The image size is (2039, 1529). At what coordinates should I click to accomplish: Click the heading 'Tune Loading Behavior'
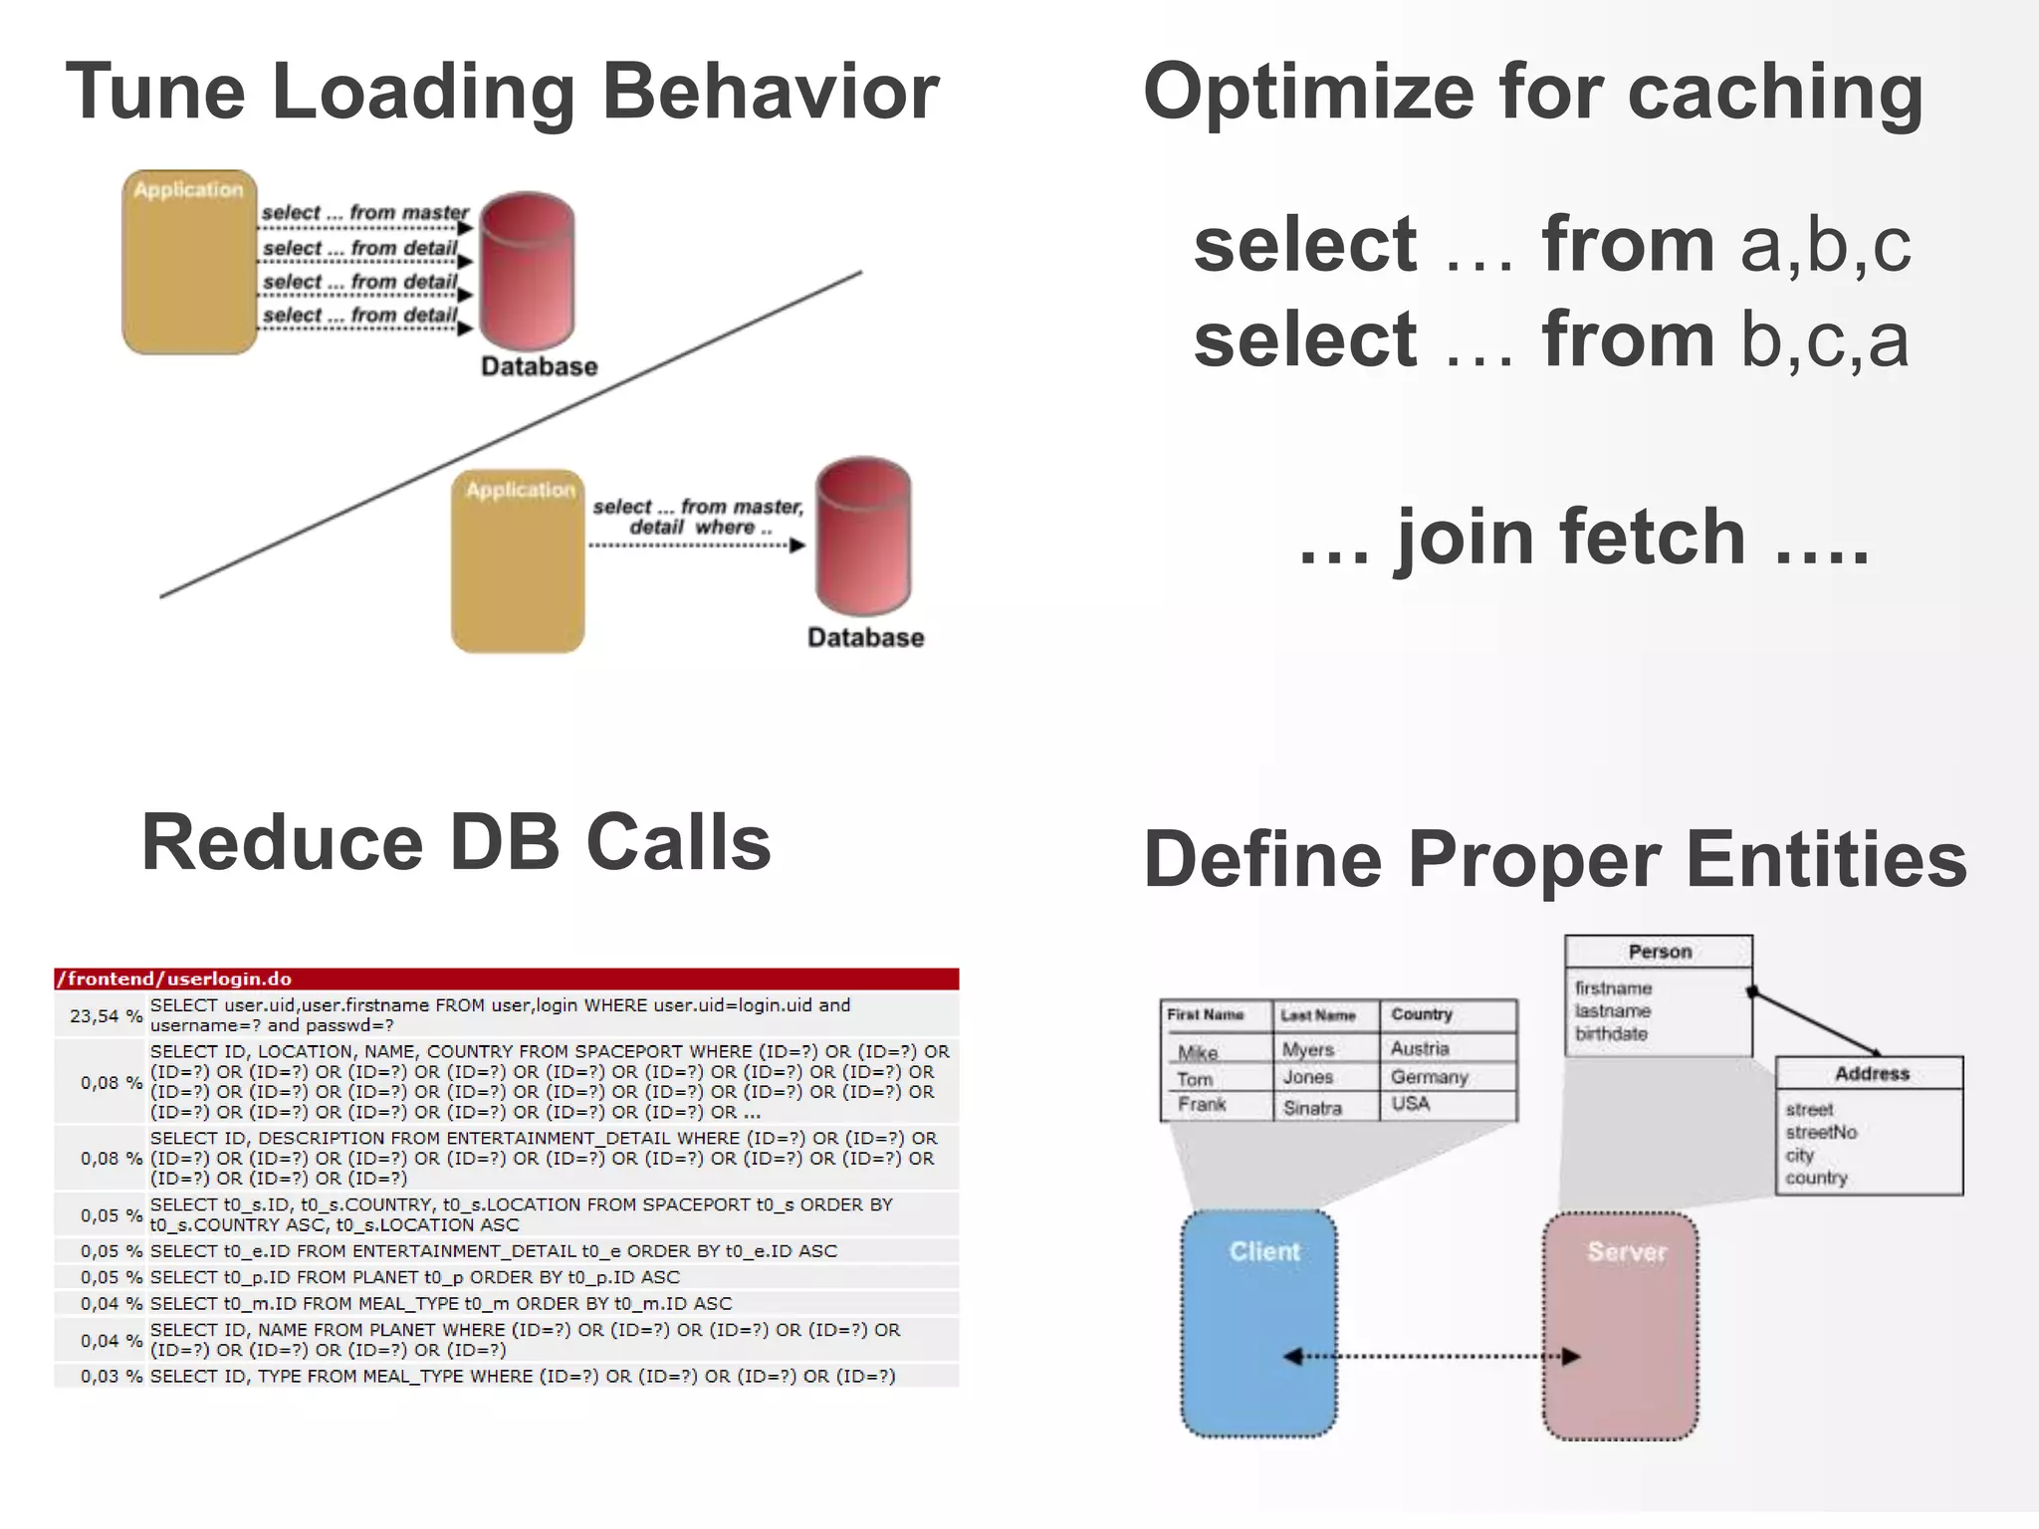(502, 92)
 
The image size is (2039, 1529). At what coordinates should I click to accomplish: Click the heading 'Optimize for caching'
(1533, 92)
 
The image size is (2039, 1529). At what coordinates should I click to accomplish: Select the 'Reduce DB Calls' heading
(456, 842)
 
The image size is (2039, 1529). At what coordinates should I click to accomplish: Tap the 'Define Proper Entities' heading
(1555, 859)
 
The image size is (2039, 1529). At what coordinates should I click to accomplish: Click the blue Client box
(1258, 1323)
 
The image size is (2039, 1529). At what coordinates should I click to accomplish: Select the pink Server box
(1620, 1325)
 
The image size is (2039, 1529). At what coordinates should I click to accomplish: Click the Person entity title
(1660, 952)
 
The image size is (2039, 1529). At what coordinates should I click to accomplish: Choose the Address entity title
(1872, 1073)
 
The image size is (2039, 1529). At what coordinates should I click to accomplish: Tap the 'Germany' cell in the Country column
(1430, 1077)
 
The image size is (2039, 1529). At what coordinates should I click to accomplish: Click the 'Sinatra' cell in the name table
(1312, 1107)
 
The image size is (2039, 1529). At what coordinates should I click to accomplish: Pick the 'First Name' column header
(1206, 1014)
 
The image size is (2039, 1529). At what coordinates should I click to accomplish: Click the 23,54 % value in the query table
(105, 1015)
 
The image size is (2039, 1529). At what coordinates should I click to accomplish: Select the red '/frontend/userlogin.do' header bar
(506, 979)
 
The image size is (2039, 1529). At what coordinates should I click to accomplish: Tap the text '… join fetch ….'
(1583, 538)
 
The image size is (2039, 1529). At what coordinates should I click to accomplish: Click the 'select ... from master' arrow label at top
(364, 212)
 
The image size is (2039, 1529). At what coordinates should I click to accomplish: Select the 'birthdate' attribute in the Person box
(1611, 1033)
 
